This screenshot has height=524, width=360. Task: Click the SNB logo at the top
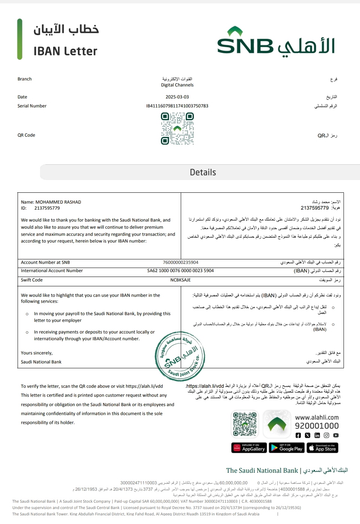click(x=276, y=42)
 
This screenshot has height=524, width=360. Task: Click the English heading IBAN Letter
click(x=65, y=51)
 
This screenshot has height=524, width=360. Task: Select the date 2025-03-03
click(x=177, y=97)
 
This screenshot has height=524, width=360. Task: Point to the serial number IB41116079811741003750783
click(x=177, y=106)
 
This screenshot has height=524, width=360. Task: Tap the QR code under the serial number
click(x=177, y=128)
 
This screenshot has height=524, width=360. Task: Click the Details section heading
click(x=203, y=173)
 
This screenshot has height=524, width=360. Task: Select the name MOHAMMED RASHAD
click(x=58, y=202)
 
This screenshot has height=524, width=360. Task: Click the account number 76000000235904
click(x=180, y=262)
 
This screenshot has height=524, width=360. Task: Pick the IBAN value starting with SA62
click(x=180, y=271)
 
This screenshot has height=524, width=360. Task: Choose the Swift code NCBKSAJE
click(x=180, y=280)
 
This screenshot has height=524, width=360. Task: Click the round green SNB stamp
click(x=180, y=356)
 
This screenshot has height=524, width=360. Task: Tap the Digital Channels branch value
click(x=177, y=85)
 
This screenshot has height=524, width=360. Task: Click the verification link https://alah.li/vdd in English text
click(x=144, y=386)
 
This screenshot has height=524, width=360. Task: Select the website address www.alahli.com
click(x=317, y=417)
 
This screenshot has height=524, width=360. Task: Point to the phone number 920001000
click(x=317, y=426)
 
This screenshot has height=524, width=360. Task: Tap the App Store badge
click(x=323, y=448)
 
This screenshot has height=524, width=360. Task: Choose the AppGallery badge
click(x=249, y=448)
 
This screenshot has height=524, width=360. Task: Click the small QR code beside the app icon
click(x=245, y=424)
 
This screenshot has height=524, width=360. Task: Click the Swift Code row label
click(x=32, y=280)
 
